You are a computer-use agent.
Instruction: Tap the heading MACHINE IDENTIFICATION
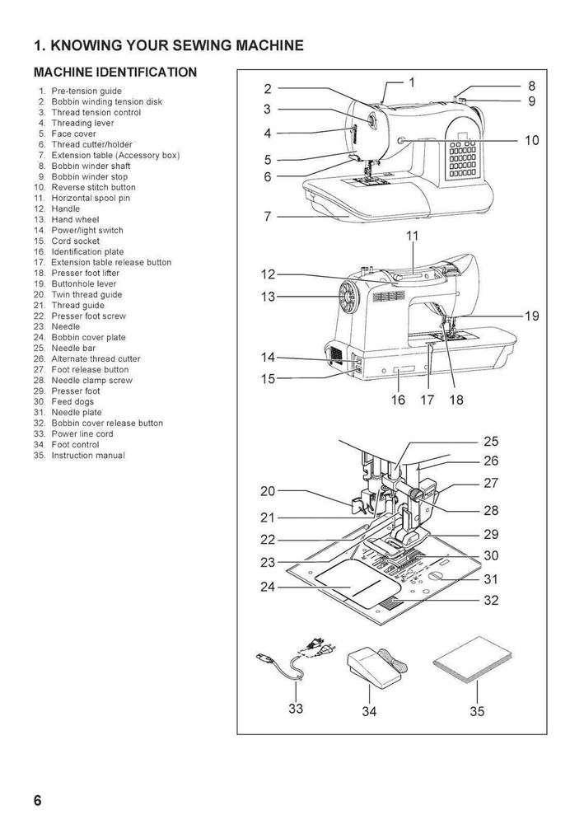click(115, 73)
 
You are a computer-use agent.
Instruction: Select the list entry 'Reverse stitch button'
click(93, 188)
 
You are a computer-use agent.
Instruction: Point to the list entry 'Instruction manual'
click(88, 456)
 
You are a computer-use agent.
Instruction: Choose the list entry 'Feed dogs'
click(72, 402)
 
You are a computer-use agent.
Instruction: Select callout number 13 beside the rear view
click(268, 297)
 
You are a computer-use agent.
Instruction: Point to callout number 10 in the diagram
click(531, 141)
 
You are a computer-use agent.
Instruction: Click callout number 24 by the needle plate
click(268, 588)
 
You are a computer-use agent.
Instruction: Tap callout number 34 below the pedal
click(369, 711)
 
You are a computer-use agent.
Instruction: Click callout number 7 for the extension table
click(268, 218)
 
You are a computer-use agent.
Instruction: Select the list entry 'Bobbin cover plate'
click(88, 338)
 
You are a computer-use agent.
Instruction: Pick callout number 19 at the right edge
click(531, 316)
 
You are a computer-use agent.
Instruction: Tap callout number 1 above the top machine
click(412, 82)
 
